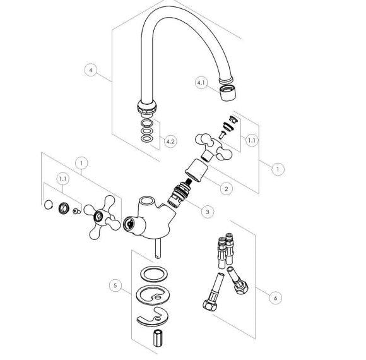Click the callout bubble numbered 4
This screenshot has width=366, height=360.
[91, 69]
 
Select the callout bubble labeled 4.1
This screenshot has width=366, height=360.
[201, 83]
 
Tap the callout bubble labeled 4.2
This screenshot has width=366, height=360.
[170, 141]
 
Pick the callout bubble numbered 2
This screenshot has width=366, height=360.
[226, 188]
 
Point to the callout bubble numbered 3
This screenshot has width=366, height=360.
[208, 212]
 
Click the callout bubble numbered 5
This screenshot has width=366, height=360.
[115, 285]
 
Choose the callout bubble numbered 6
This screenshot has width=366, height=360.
[275, 298]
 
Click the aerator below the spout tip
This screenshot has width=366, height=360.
[228, 92]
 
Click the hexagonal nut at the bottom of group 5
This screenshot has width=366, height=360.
[158, 338]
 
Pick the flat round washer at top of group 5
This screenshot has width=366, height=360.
[155, 274]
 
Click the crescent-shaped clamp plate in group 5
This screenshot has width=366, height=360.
[153, 317]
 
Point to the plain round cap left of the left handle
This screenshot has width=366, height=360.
[49, 205]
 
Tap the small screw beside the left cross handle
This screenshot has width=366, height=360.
[77, 211]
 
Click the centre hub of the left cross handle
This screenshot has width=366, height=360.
[98, 217]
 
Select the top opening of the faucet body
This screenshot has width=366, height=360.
[146, 200]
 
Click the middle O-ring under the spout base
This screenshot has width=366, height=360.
[147, 131]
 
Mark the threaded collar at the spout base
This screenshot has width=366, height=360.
[147, 108]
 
